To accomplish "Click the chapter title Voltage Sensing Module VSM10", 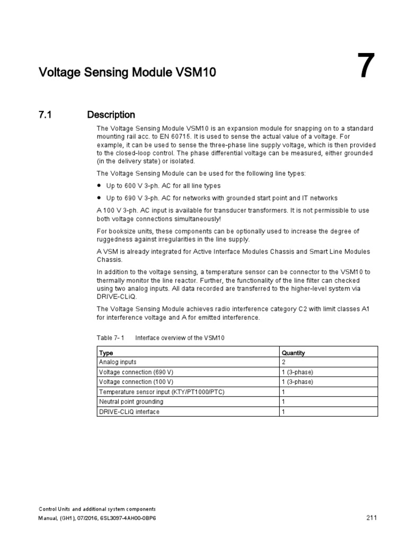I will tap(127, 73).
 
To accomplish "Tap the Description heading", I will tap(111, 115).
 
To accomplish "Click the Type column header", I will tap(106, 353).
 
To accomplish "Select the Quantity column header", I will tap(293, 353).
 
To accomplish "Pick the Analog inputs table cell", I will tap(118, 362).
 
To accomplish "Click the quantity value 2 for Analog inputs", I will tap(284, 362).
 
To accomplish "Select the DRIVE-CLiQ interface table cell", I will tap(129, 411).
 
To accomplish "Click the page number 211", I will tap(371, 518).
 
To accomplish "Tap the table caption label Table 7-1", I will tap(110, 338).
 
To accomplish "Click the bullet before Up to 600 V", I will tap(99, 186).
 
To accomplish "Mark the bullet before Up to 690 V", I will tap(99, 198).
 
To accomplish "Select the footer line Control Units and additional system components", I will tap(98, 509).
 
